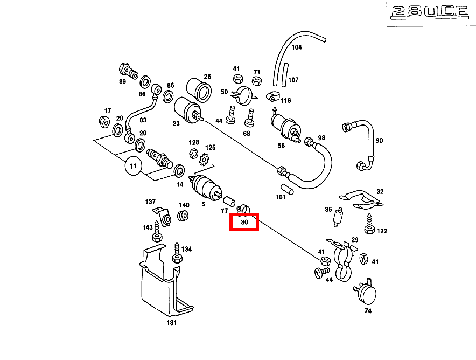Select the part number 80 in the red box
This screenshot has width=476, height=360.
coord(244,221)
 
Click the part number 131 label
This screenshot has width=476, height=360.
coord(171,323)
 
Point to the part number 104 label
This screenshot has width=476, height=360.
coord(297,47)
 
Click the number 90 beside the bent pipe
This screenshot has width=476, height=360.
coord(379,141)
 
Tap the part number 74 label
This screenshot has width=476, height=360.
coord(368,311)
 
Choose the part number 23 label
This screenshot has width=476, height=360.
coord(176,123)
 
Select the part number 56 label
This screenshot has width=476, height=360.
coord(281,146)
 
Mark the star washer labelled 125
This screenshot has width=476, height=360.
coord(204,160)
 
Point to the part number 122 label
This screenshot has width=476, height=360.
coord(382,231)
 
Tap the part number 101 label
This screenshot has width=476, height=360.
coord(281,197)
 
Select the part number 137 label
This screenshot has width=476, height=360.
coord(150,202)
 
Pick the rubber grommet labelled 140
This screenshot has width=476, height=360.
coord(183,217)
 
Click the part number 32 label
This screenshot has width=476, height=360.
coord(380,192)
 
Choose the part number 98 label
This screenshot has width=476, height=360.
coord(321,138)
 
